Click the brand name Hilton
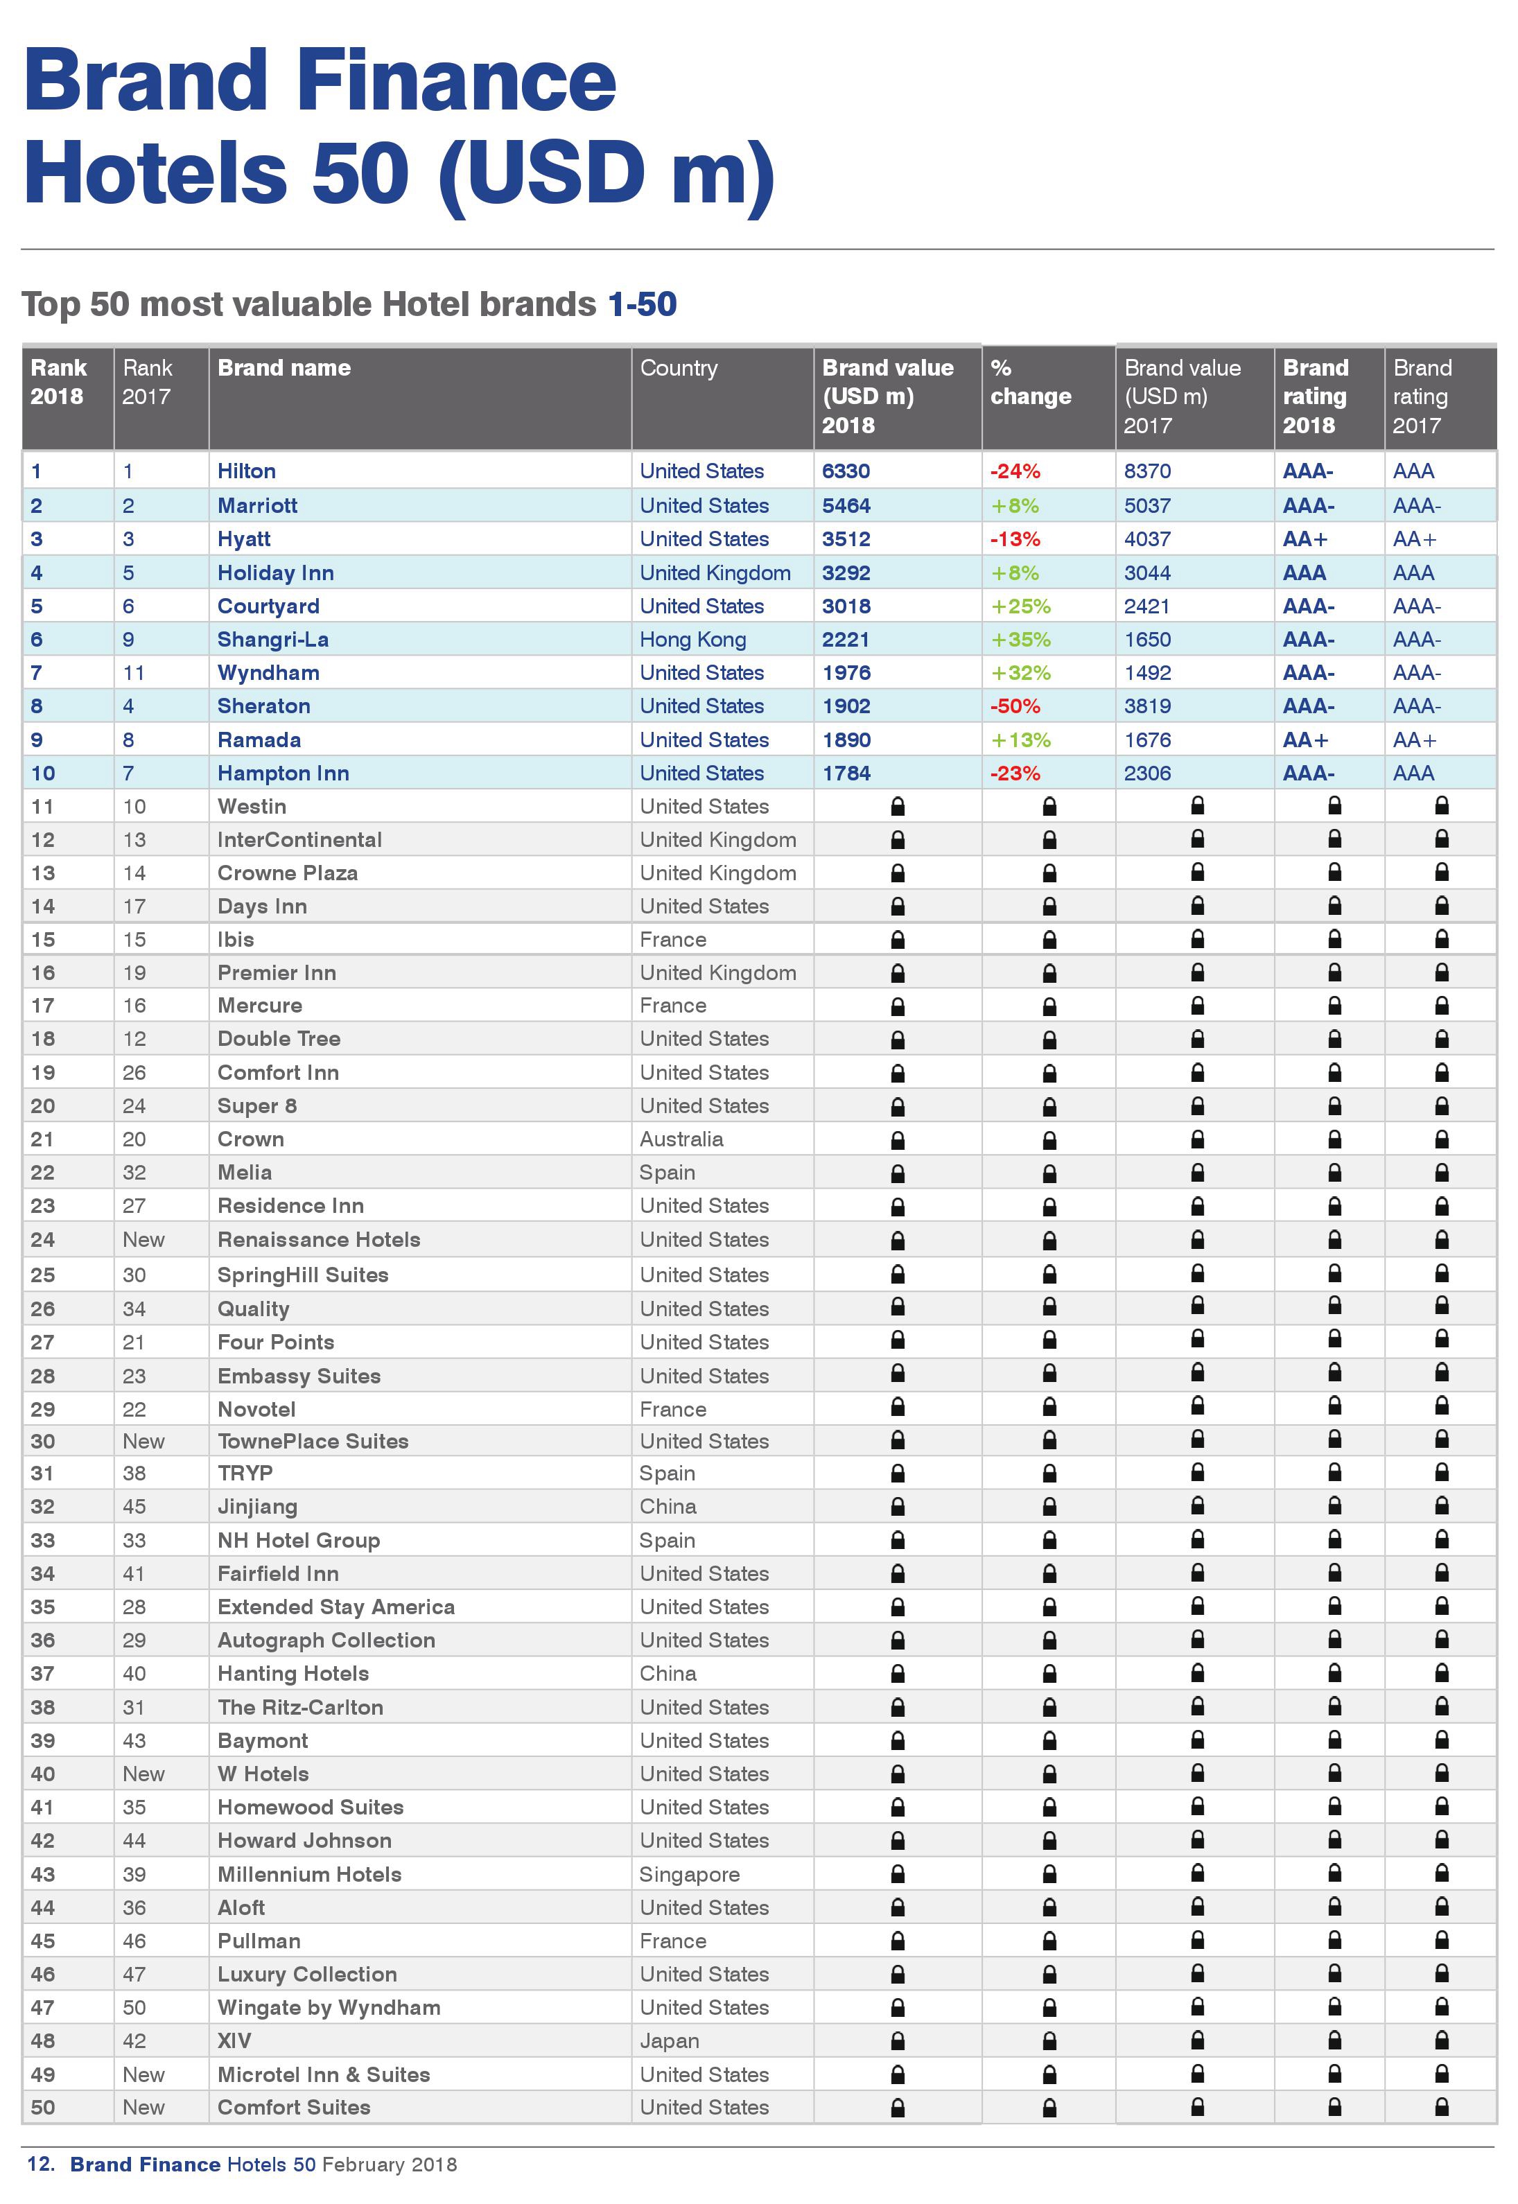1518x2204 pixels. (246, 471)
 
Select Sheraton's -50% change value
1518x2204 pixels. (1015, 706)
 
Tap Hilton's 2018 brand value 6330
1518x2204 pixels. (846, 471)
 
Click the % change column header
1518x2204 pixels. (1030, 382)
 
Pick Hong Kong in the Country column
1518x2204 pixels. (692, 640)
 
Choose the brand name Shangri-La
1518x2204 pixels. (273, 640)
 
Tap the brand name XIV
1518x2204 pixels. (234, 2040)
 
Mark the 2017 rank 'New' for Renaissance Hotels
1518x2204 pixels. (143, 1240)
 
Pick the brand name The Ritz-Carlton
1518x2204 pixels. (301, 1708)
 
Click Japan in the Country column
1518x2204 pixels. (669, 2040)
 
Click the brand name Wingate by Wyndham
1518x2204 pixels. (329, 2007)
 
